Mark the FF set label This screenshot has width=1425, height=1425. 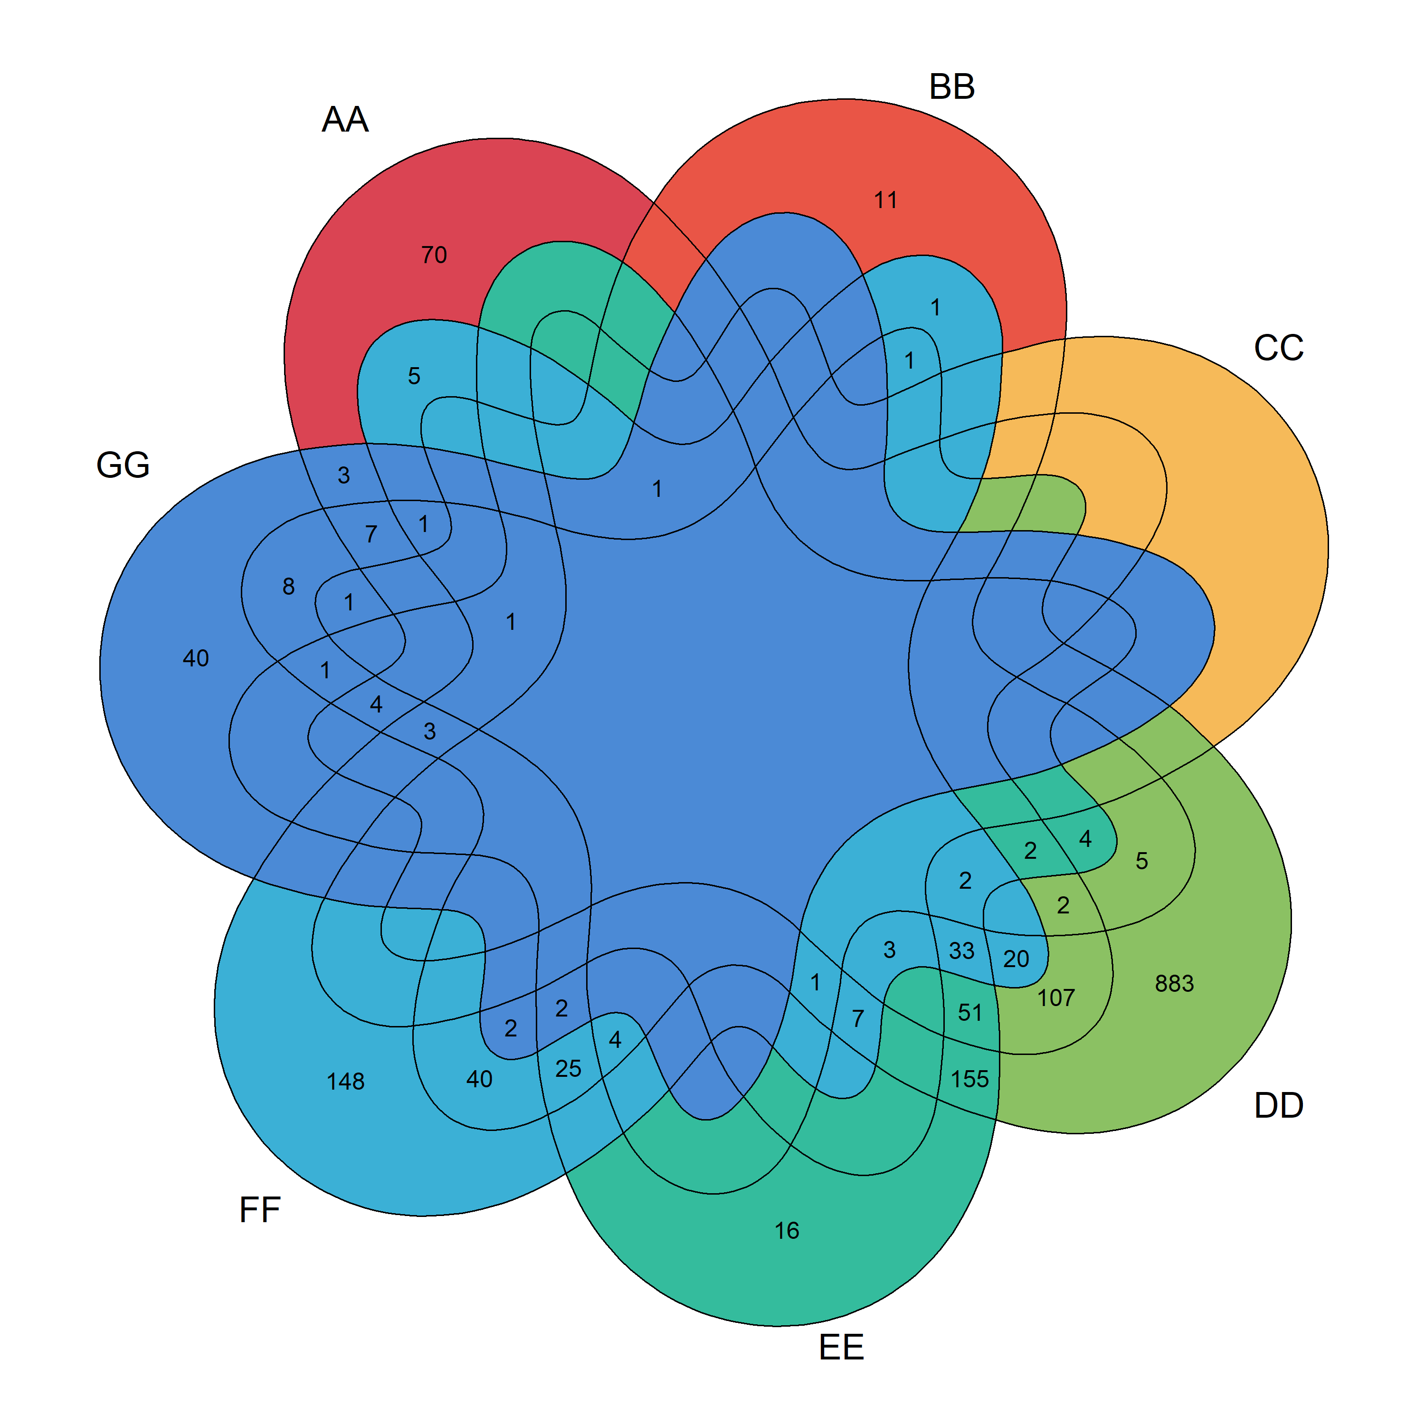(260, 1210)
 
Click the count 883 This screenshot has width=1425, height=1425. (1174, 983)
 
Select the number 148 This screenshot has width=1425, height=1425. (345, 1081)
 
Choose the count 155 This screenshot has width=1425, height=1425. (969, 1079)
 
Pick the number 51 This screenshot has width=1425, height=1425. (970, 1013)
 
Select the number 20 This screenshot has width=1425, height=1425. (1016, 959)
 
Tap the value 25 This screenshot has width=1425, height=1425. (568, 1069)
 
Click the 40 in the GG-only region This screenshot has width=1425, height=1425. (195, 658)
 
